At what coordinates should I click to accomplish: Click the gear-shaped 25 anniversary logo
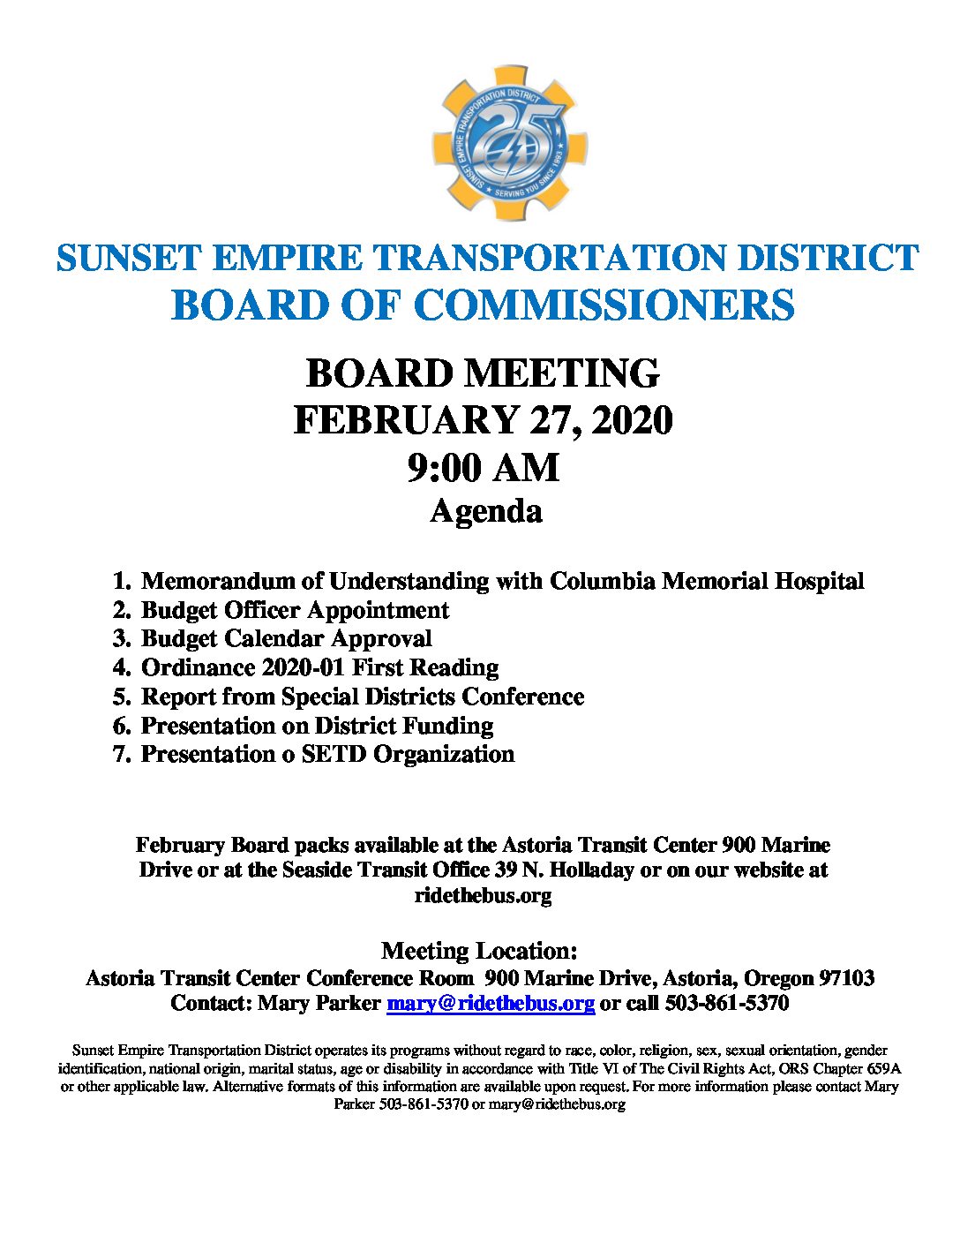click(x=509, y=143)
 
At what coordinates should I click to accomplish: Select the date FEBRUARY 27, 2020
click(x=483, y=420)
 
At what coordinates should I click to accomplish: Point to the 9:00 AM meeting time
click(x=483, y=467)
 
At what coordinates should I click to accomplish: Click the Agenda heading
click(x=485, y=511)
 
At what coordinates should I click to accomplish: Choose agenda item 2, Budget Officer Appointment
click(x=295, y=610)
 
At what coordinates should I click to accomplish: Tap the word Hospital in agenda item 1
click(x=819, y=581)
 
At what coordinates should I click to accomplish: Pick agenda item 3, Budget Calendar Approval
click(x=286, y=638)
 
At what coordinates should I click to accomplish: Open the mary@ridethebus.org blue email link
click(x=491, y=1004)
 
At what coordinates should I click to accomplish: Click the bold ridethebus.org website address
click(x=483, y=895)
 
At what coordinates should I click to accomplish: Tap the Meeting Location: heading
click(x=479, y=951)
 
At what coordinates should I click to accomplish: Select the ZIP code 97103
click(x=846, y=978)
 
